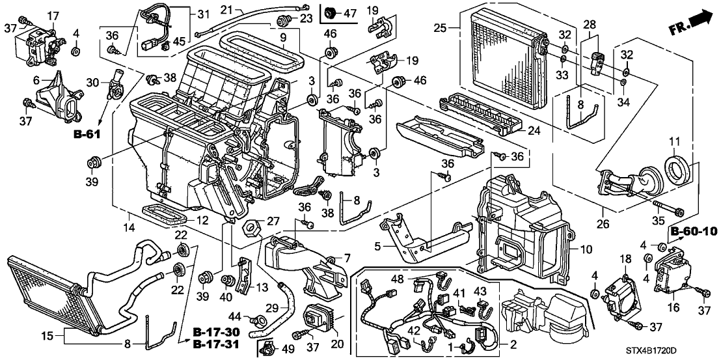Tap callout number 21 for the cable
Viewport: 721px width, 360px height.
[226, 9]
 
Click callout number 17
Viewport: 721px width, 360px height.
[53, 14]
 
